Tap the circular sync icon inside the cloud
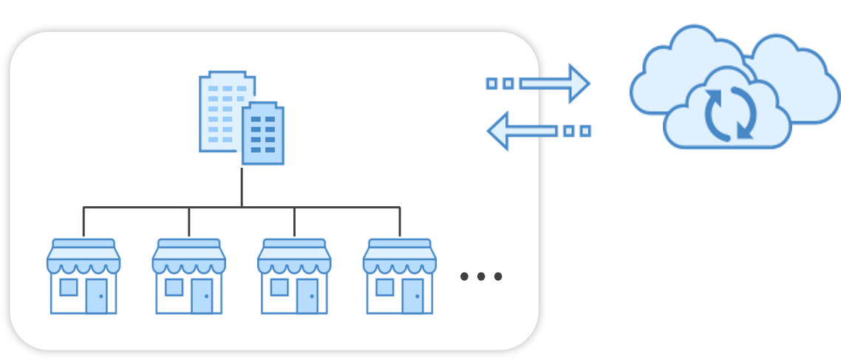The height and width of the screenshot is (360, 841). (x=730, y=113)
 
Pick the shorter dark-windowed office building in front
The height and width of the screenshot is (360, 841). (x=262, y=134)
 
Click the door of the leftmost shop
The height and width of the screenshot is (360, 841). (x=96, y=296)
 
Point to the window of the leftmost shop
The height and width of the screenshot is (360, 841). (x=68, y=287)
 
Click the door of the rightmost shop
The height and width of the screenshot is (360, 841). (x=412, y=296)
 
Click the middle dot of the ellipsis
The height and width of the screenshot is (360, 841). (x=481, y=276)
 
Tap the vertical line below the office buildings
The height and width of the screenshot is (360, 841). (x=242, y=186)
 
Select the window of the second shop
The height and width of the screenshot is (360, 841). (x=174, y=287)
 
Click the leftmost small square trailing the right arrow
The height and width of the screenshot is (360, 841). (x=491, y=84)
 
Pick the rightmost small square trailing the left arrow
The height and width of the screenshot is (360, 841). (x=585, y=131)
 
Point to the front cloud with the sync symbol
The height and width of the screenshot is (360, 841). (x=728, y=122)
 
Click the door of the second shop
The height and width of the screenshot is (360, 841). (x=202, y=296)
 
